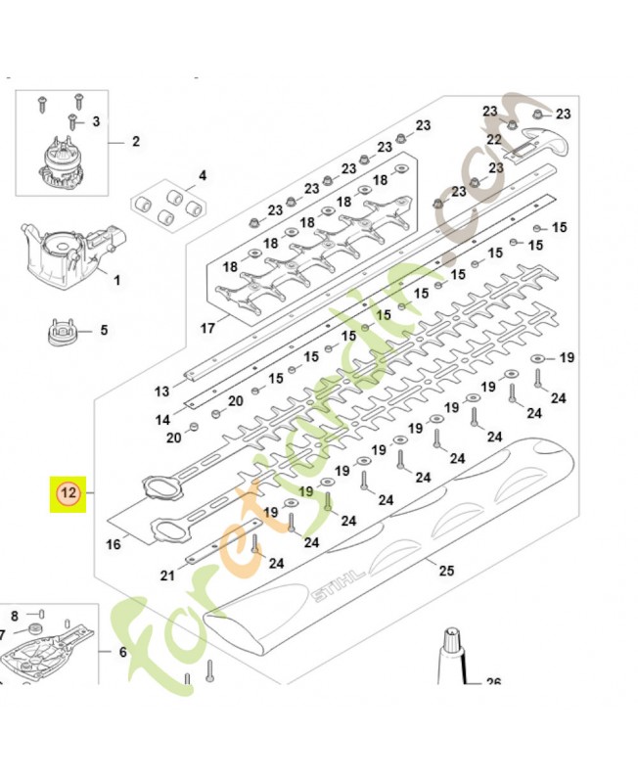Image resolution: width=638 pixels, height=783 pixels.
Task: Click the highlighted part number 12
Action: coord(68,495)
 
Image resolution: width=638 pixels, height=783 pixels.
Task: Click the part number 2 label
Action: coord(135,142)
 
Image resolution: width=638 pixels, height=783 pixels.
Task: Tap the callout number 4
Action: coord(203,176)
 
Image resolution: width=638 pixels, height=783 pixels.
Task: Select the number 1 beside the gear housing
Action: coord(116,281)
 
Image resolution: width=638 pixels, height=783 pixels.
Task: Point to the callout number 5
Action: coord(104,331)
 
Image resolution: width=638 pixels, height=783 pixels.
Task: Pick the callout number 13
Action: coord(162,391)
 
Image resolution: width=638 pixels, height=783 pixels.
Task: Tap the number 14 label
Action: coord(162,420)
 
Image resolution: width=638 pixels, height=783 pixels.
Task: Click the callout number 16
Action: coord(114,544)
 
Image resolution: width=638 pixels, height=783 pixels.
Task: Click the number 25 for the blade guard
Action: coord(447,571)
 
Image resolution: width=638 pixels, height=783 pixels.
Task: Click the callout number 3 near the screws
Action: coord(96,121)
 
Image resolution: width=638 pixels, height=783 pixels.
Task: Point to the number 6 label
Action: coord(122,652)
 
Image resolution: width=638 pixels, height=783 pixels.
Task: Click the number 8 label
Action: coord(15,616)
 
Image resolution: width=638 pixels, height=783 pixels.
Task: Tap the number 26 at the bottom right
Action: coord(493,682)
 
